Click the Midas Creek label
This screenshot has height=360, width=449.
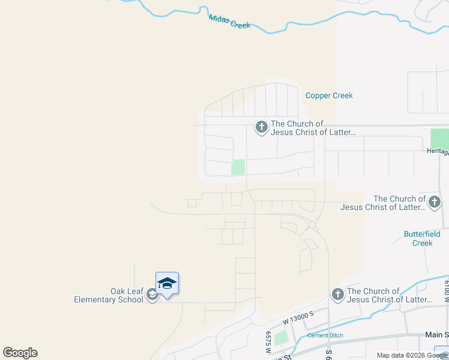point(229,22)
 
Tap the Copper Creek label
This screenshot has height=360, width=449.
point(329,95)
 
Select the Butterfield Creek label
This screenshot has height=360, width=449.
point(422,238)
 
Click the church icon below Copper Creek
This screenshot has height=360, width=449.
point(261,127)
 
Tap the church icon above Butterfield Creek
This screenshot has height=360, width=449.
point(435,202)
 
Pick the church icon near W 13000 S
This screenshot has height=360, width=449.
point(337,294)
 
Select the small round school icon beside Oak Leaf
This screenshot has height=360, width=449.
point(152,294)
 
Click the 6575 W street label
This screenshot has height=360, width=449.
point(268,344)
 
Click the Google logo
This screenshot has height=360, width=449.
point(20,353)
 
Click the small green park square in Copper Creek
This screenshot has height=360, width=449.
point(238,167)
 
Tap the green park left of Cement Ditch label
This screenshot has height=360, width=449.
point(282,337)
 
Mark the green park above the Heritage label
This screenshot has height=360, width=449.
point(439,138)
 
